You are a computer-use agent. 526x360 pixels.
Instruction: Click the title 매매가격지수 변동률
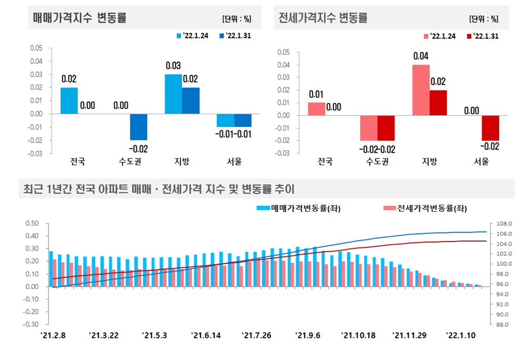(79, 18)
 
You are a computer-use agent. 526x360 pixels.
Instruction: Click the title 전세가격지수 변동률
(323, 18)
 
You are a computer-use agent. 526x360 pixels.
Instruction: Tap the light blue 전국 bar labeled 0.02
(69, 101)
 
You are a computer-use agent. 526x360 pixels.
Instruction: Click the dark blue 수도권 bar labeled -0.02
(138, 127)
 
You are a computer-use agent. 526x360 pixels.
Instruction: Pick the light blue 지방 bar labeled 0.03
(173, 94)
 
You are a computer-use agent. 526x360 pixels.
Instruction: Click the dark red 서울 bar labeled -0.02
(490, 128)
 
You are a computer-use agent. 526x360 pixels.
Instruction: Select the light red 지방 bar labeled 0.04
(421, 90)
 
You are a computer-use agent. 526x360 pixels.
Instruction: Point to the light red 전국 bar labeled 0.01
(317, 109)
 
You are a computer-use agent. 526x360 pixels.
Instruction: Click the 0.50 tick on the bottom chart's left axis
(33, 223)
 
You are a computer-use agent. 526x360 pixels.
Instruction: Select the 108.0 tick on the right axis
(503, 223)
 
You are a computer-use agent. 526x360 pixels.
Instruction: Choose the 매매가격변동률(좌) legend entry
(298, 208)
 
